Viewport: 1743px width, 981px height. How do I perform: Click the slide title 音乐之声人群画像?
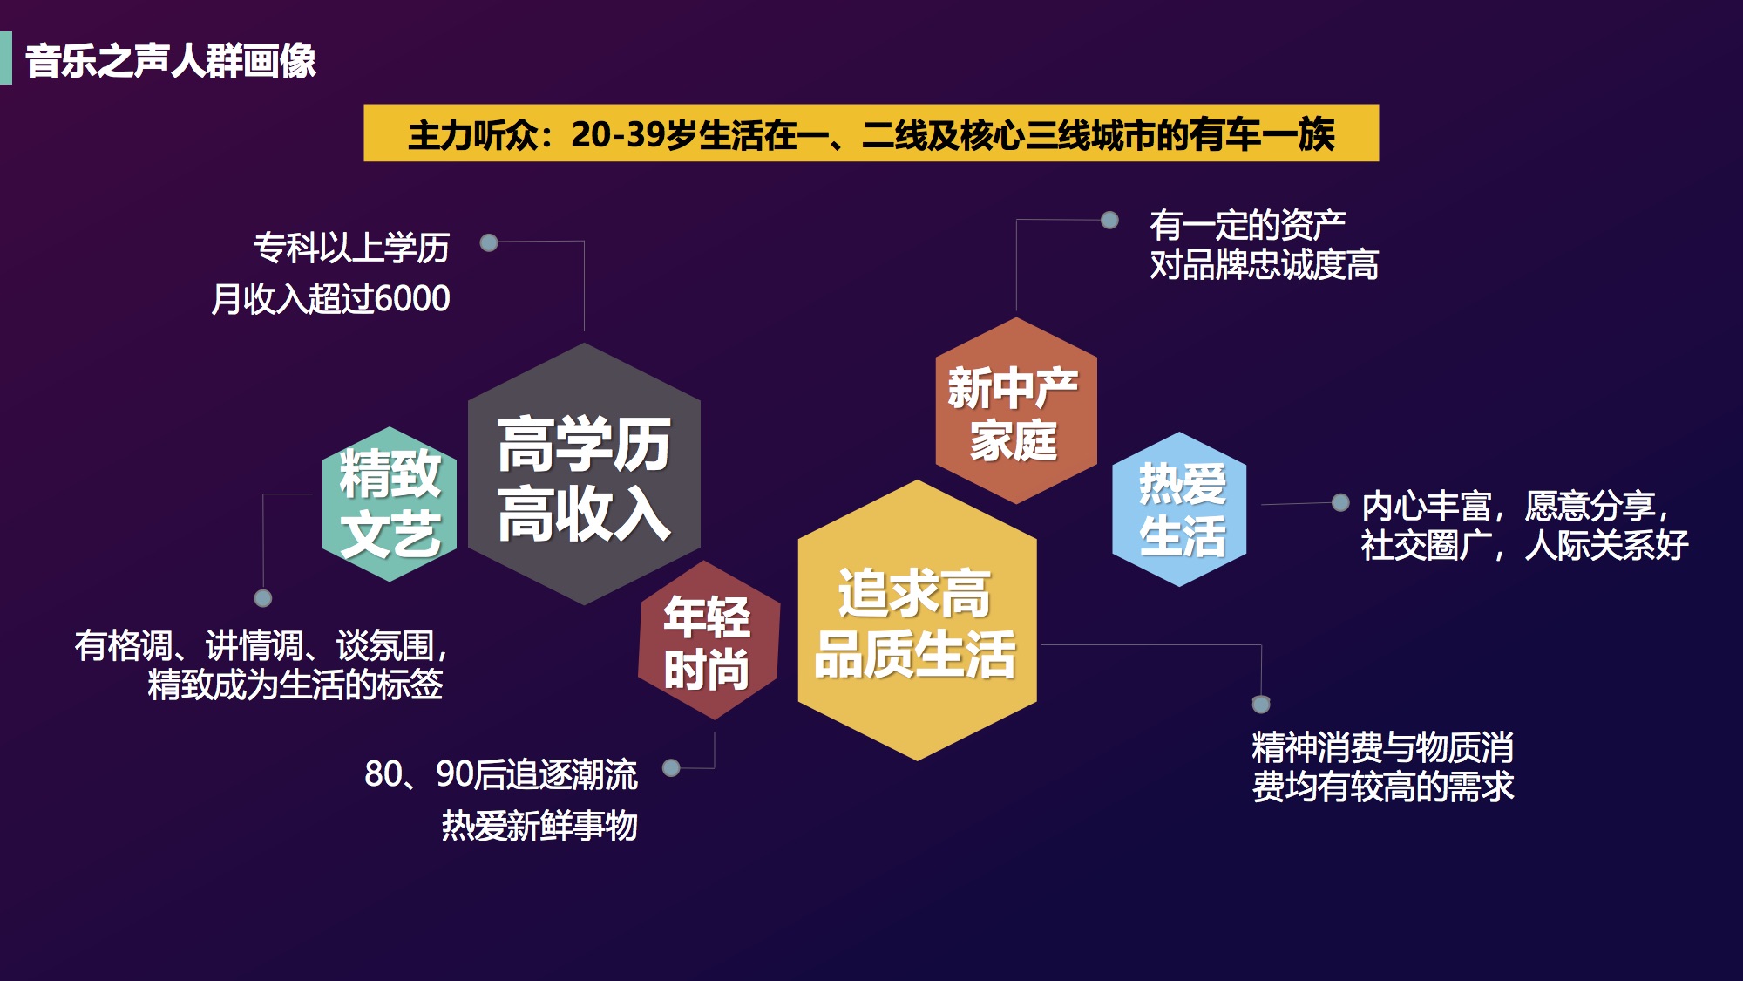click(x=171, y=61)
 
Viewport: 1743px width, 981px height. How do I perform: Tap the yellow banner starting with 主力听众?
click(x=871, y=133)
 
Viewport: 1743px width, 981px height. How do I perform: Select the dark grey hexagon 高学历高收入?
click(x=584, y=473)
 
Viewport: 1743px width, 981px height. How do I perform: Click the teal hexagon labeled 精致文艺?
click(x=390, y=504)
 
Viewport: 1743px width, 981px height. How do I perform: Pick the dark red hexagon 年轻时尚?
click(x=708, y=640)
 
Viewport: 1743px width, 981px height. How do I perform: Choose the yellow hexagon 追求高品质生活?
click(x=917, y=620)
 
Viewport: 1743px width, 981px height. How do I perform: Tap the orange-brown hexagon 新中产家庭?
click(x=1016, y=411)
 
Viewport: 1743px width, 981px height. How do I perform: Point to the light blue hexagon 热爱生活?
click(x=1179, y=509)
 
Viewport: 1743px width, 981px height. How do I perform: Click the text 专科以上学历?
click(x=351, y=248)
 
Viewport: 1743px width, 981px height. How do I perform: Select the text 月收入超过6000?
click(x=330, y=298)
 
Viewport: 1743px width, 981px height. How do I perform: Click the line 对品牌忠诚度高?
click(x=1264, y=264)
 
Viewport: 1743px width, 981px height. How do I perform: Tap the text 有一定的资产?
click(x=1247, y=225)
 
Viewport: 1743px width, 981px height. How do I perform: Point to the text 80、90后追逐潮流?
click(x=501, y=774)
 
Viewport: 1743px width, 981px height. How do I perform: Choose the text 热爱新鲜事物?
click(x=539, y=825)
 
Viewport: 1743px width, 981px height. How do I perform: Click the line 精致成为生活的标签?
click(x=295, y=685)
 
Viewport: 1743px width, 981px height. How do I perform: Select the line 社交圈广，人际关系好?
click(x=1524, y=545)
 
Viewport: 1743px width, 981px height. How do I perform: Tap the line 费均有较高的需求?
click(x=1383, y=787)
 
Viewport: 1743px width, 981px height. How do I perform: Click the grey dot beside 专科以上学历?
click(x=489, y=242)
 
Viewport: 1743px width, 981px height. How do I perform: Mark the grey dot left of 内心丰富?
click(x=1340, y=502)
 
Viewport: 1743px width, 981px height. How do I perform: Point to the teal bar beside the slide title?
click(x=6, y=58)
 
